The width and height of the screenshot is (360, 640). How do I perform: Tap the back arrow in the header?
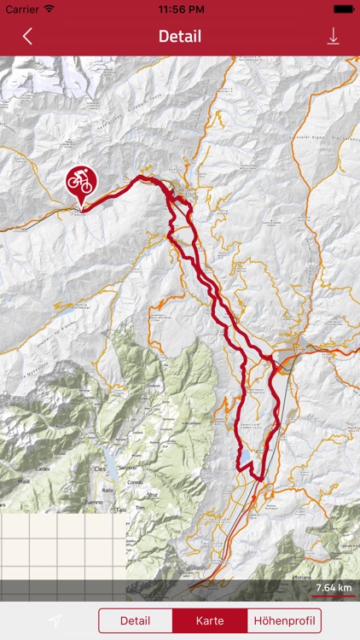click(27, 36)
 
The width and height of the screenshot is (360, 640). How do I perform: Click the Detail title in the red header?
click(180, 36)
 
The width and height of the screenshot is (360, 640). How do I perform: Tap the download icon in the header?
click(333, 36)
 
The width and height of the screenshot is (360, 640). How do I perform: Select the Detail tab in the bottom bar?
click(135, 620)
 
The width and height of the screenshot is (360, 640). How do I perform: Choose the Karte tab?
click(210, 620)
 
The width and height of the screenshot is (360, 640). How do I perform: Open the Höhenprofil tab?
click(284, 620)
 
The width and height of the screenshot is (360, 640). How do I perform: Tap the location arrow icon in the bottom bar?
click(55, 620)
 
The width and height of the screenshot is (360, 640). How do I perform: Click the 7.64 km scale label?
click(334, 588)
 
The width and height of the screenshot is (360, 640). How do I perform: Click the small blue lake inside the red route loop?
click(246, 457)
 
